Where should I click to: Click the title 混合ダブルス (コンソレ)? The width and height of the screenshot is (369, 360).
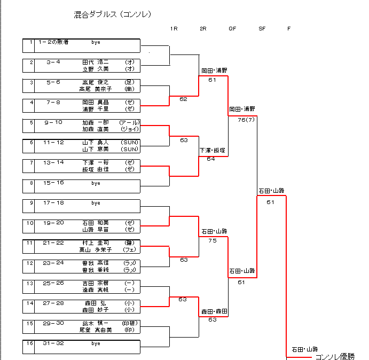point(113,14)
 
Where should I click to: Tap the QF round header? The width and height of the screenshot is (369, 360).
point(232,28)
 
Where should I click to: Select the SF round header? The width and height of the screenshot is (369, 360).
point(262,28)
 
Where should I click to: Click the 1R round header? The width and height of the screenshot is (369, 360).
point(174,28)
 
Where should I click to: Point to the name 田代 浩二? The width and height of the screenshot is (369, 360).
point(95,62)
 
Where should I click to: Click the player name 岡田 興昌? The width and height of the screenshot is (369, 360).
point(95,102)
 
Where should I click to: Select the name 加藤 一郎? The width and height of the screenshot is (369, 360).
point(95,122)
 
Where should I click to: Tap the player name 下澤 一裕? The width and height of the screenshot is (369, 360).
point(95,162)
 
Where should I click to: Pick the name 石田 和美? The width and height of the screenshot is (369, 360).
point(95,223)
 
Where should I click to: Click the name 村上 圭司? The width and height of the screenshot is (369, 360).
point(95,243)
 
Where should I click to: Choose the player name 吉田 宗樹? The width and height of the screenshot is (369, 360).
point(95,283)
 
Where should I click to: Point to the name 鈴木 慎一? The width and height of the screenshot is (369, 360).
point(95,324)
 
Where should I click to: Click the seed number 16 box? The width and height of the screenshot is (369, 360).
point(31,343)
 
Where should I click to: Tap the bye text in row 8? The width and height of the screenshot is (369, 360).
point(96,183)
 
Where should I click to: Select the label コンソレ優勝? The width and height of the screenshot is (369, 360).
point(335,356)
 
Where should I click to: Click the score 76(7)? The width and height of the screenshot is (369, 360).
point(246,120)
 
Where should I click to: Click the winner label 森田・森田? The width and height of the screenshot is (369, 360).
point(214,311)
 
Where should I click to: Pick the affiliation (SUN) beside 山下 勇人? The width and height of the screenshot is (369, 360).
point(130,142)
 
